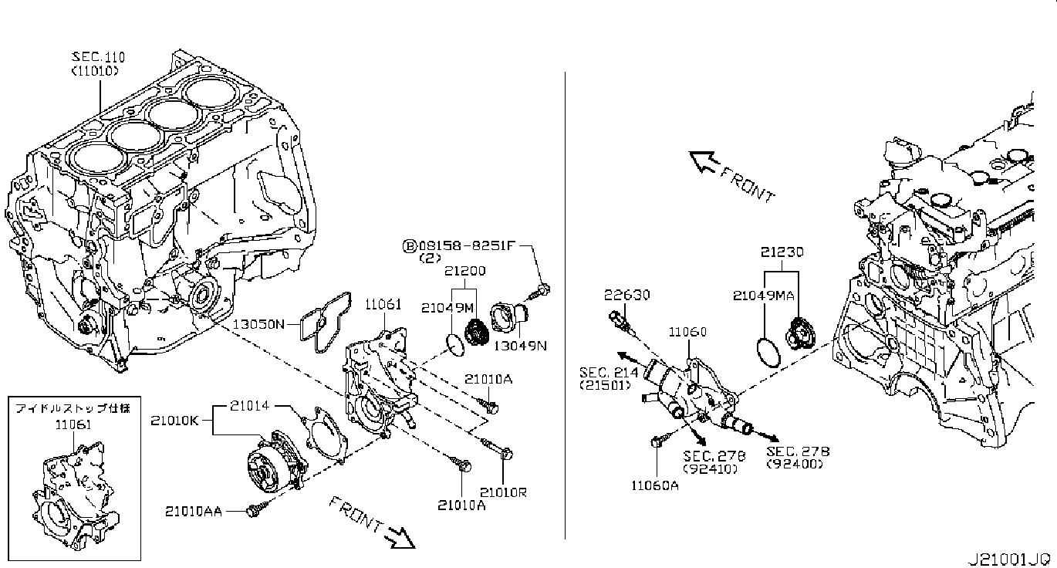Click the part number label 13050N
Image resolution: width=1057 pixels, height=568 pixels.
coord(258,324)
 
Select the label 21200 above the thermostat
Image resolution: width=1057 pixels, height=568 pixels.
coord(464,271)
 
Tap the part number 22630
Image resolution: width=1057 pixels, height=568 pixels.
coord(626,295)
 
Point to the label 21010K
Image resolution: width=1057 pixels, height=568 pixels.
coord(174,421)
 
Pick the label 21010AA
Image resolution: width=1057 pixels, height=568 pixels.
coord(194,511)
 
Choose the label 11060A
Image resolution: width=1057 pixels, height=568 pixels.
coord(655,485)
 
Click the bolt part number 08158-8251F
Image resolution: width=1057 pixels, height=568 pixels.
coord(467,245)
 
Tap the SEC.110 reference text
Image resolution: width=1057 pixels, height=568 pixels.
coord(98,57)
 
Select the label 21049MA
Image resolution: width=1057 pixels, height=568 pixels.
coord(764,296)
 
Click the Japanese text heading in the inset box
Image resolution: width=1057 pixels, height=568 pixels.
coord(73,408)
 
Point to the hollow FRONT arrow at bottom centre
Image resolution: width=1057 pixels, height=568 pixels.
coord(399,538)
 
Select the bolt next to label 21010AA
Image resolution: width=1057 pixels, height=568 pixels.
coord(255,509)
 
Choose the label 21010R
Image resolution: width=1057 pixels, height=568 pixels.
coord(503,492)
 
